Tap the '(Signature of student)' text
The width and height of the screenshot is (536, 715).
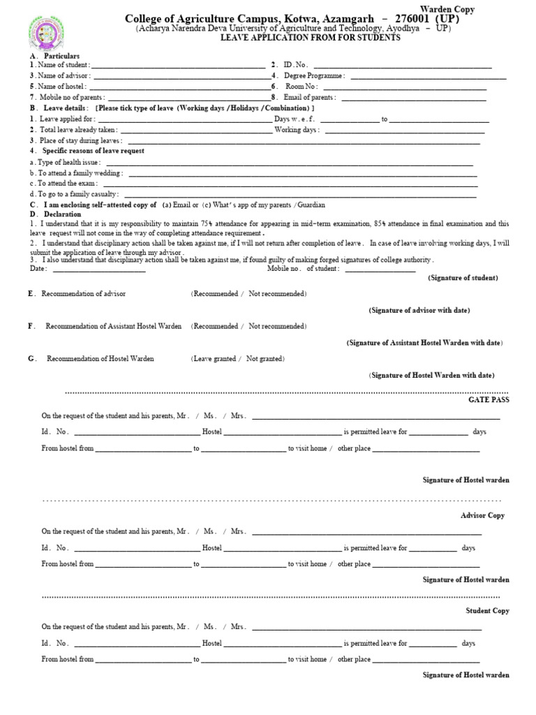click(x=463, y=278)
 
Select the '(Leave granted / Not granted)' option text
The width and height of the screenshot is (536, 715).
click(x=237, y=358)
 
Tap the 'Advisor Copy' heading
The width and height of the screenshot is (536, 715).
click(x=482, y=515)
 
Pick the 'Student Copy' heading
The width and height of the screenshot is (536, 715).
click(x=487, y=611)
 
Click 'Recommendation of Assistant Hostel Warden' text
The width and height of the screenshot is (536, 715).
click(x=114, y=326)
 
